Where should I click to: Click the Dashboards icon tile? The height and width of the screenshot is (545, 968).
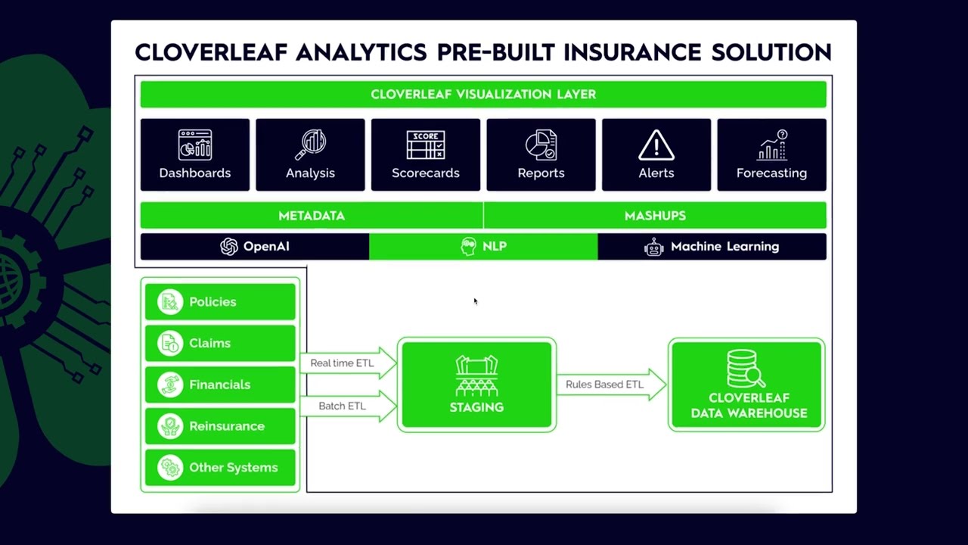(x=194, y=154)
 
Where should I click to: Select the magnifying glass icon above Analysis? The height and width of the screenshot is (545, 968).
(x=310, y=145)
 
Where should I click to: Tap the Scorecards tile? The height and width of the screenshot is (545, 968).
(x=425, y=154)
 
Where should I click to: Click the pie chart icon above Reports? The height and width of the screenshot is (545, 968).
(x=541, y=145)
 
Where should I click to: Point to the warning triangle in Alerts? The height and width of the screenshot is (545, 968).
(x=656, y=145)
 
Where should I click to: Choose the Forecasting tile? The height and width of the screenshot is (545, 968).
(x=771, y=154)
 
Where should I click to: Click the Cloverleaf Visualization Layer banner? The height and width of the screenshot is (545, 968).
(x=483, y=95)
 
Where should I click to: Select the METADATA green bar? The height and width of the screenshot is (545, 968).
(x=312, y=216)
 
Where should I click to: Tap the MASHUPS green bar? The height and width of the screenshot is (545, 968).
(x=655, y=216)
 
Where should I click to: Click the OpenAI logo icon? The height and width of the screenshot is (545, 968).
(x=228, y=247)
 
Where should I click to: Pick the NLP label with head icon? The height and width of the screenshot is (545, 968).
(x=483, y=247)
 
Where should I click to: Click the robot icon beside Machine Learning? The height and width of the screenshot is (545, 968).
(x=653, y=247)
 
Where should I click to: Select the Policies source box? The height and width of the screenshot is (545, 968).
(x=220, y=302)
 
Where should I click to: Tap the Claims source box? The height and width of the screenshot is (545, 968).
(x=220, y=344)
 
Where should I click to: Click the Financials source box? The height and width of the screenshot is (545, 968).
(x=220, y=385)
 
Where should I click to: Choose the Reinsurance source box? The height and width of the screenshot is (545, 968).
(x=220, y=426)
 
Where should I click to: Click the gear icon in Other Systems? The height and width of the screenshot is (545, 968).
(x=171, y=468)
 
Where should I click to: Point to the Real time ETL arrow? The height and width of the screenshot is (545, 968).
(x=347, y=363)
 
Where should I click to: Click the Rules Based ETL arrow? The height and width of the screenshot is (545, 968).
(x=610, y=385)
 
